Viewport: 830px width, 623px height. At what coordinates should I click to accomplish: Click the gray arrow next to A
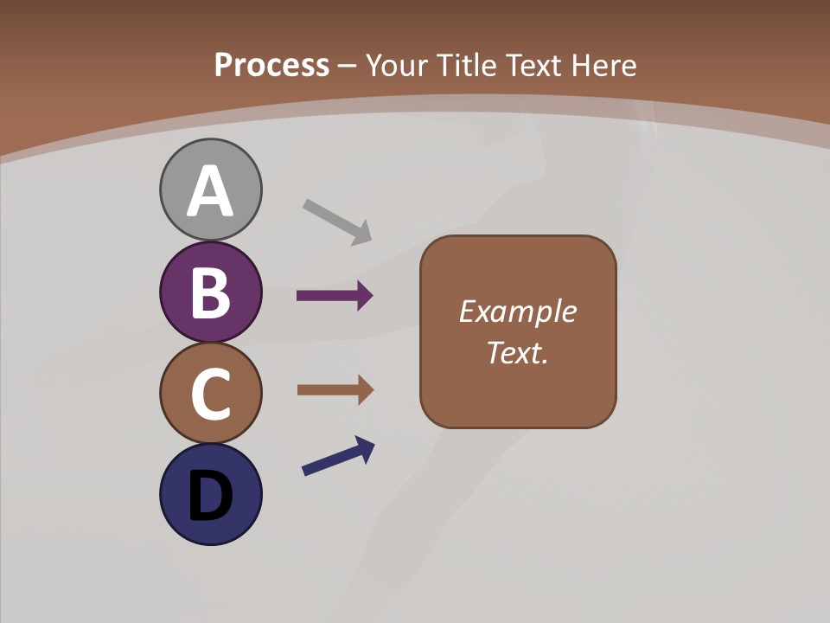coord(337,221)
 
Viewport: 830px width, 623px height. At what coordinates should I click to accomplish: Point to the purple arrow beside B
coord(335,296)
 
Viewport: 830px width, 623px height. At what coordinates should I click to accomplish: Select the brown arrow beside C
coord(335,390)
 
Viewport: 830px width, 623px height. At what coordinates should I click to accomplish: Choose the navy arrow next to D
coord(338,457)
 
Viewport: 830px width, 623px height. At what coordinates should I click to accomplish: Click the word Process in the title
coord(271,65)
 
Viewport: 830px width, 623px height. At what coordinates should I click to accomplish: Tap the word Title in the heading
coord(465,65)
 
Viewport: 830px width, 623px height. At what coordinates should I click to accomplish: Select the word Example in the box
coord(517,311)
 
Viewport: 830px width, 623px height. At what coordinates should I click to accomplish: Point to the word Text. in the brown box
coord(517,352)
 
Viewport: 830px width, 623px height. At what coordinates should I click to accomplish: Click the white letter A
coord(210,191)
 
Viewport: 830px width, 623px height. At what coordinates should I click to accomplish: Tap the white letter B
coord(210,292)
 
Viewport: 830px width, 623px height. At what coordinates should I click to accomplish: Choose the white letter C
coord(210,394)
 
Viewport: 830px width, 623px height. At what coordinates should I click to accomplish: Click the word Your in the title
coord(397,65)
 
